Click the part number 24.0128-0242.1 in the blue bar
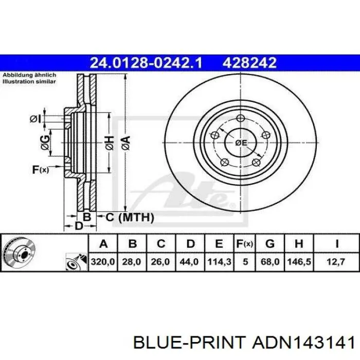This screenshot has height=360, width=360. (x=146, y=62)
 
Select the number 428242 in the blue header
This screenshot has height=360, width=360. (x=249, y=62)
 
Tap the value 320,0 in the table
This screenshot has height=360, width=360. (x=103, y=261)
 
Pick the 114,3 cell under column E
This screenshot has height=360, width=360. (x=219, y=261)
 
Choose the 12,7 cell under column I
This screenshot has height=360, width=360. (x=336, y=261)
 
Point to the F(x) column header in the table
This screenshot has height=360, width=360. (x=245, y=244)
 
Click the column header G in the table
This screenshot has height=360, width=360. (x=270, y=244)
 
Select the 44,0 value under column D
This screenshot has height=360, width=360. (x=189, y=261)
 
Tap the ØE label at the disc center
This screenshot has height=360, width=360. (x=241, y=143)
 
